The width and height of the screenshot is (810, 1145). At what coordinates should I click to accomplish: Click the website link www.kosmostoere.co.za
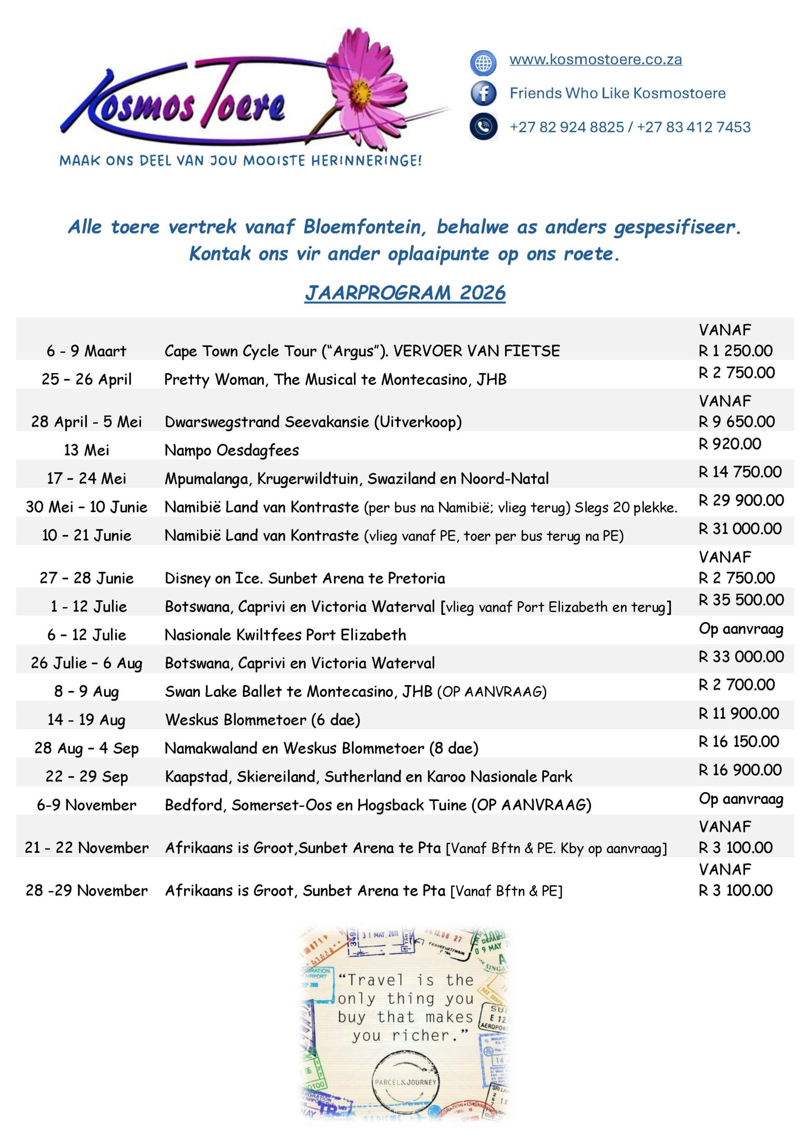(595, 59)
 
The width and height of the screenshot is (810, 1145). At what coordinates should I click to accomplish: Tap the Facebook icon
(483, 93)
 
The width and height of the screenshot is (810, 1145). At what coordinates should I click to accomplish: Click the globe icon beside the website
(483, 63)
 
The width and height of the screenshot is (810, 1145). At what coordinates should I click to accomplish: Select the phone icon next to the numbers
(483, 127)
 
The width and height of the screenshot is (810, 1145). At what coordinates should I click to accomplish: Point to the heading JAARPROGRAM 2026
(405, 293)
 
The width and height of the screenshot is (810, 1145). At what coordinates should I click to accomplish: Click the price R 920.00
(729, 444)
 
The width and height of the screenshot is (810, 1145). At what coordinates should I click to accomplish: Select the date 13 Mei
(86, 450)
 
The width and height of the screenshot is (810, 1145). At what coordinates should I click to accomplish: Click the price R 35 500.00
(741, 600)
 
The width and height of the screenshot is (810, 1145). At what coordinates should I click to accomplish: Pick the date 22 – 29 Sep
(86, 776)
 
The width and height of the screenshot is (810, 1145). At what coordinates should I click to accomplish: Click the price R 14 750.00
(740, 472)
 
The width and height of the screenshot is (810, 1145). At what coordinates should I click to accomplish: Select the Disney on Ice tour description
(305, 578)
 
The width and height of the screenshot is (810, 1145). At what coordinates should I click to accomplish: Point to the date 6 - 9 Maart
(86, 351)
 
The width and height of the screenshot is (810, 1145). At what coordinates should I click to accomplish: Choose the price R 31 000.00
(740, 529)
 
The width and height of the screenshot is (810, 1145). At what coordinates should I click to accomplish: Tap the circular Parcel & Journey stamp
(405, 1083)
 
